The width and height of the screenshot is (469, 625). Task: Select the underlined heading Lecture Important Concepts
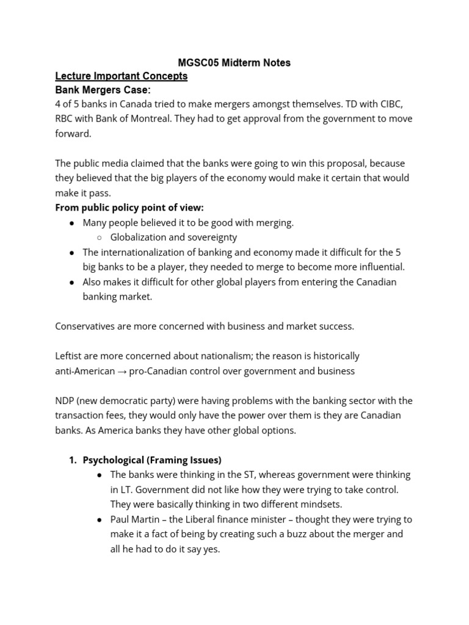(x=121, y=76)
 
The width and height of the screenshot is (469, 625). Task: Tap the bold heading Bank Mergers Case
(x=103, y=90)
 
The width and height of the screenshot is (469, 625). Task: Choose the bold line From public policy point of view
(x=129, y=208)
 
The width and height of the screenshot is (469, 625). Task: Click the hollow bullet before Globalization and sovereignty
(x=100, y=237)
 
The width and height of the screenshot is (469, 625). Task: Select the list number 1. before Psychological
(x=73, y=460)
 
